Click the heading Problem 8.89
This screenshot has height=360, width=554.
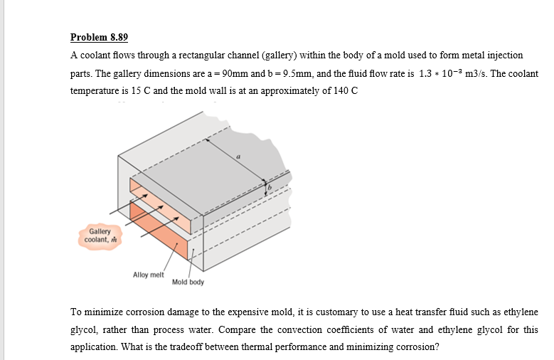[99, 37]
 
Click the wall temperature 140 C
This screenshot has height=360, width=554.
[345, 92]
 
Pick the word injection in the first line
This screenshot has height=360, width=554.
[505, 55]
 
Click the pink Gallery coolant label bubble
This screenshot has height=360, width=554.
[99, 235]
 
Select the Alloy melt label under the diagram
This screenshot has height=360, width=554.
[148, 274]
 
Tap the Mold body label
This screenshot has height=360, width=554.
[188, 282]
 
